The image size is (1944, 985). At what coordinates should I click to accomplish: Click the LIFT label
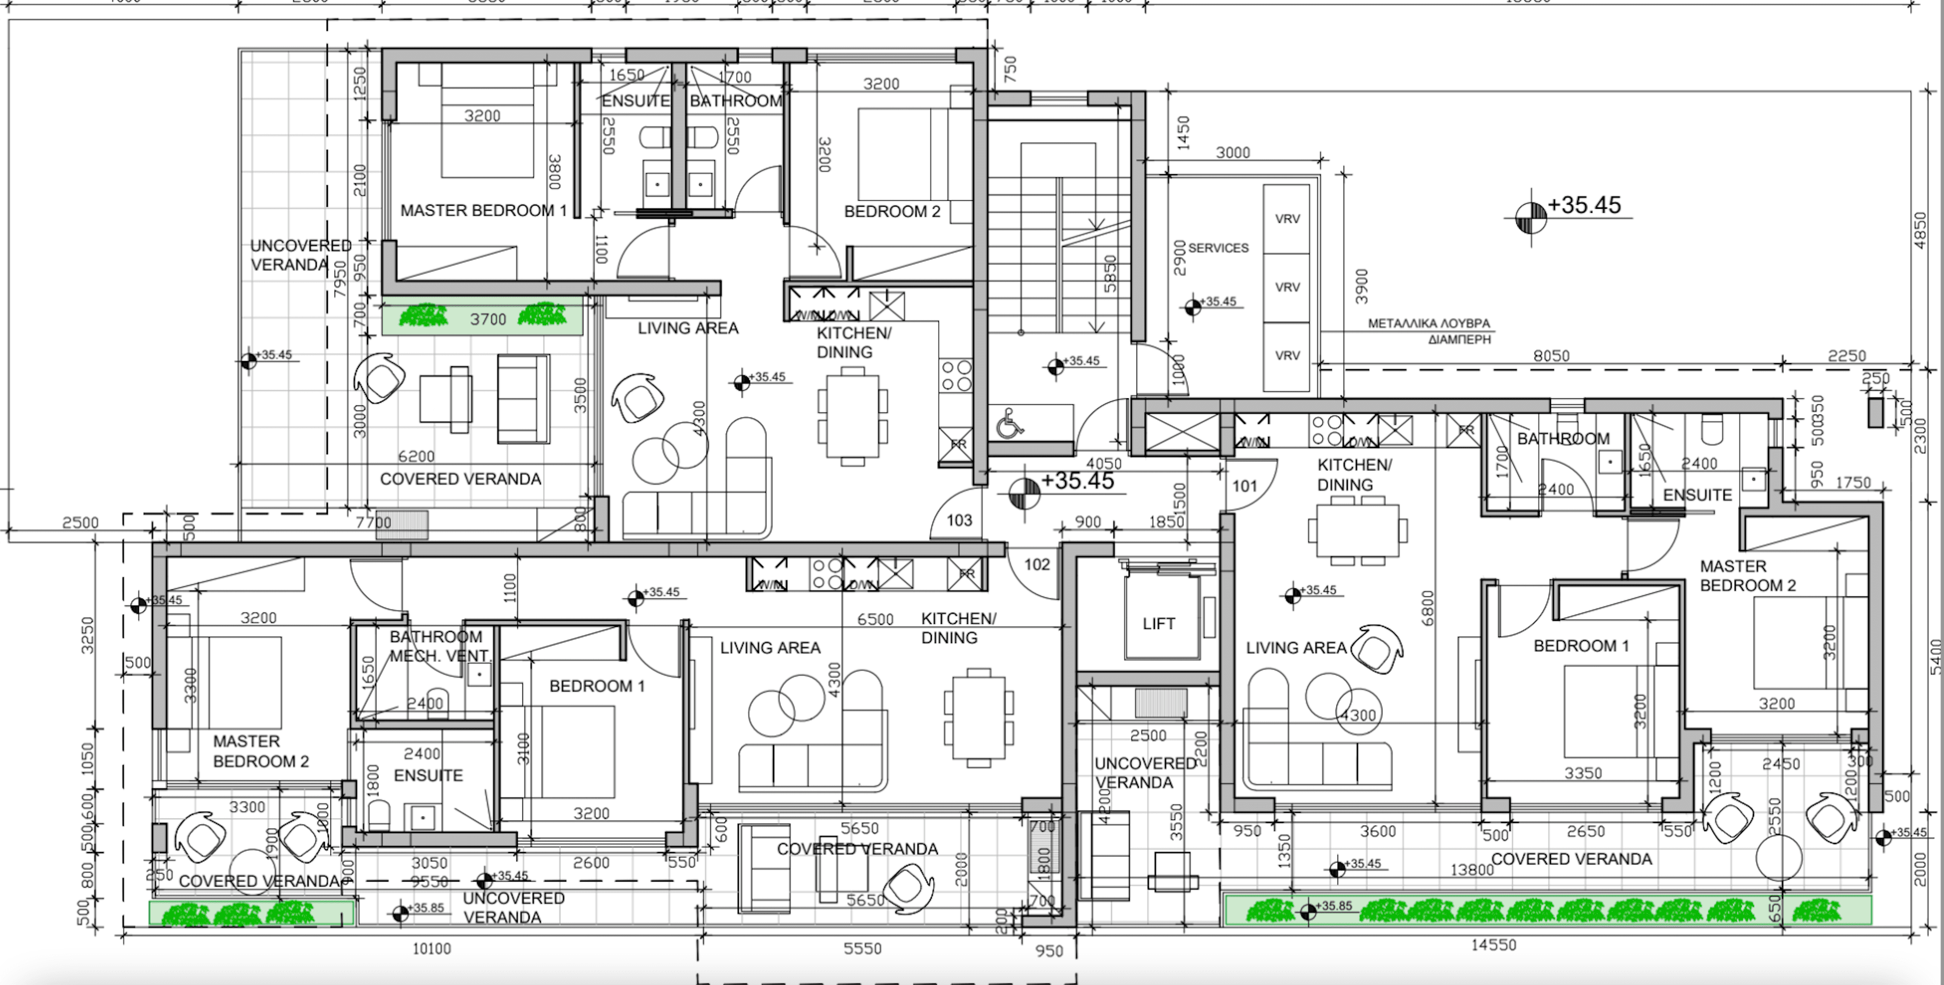(x=1158, y=623)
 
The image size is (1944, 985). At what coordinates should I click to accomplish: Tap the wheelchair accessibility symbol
(x=1009, y=424)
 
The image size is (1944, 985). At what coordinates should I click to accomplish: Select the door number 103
(x=959, y=520)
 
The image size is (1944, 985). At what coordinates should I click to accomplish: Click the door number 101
(x=1244, y=486)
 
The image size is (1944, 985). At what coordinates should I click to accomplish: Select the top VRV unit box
(x=1287, y=219)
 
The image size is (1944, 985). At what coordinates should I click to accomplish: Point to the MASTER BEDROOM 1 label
(x=483, y=210)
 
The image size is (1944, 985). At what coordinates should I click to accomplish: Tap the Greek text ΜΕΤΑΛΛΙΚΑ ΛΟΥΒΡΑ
(x=1429, y=323)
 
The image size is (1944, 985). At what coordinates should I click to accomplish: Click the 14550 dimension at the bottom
(x=1493, y=944)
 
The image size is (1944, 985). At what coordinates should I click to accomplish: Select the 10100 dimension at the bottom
(x=432, y=949)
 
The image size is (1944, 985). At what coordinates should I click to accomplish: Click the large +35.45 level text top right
(x=1584, y=205)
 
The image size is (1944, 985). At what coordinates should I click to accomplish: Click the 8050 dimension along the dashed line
(x=1551, y=355)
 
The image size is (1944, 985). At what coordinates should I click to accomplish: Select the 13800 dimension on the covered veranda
(x=1471, y=869)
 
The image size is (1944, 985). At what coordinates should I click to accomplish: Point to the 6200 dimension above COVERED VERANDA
(x=416, y=456)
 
